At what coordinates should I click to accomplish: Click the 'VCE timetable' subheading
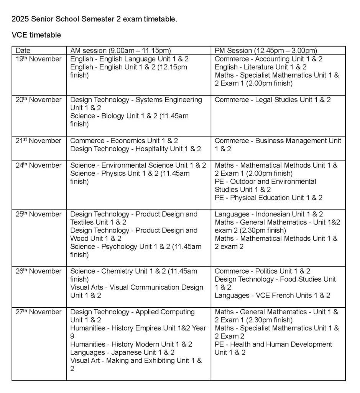coord(36,35)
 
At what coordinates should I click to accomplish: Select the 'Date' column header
coord(23,51)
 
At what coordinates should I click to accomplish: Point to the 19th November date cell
coord(38,59)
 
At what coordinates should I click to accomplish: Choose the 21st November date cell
coord(38,141)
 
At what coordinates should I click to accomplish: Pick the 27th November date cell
coord(38,312)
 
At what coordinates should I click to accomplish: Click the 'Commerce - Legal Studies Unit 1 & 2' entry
coord(272,100)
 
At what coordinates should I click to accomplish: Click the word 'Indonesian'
coord(274,214)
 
